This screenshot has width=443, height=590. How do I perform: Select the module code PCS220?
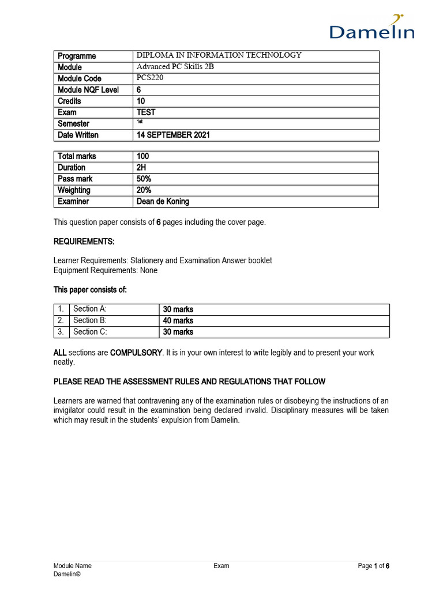(x=150, y=78)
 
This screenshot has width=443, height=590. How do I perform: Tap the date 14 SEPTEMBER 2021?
(x=173, y=135)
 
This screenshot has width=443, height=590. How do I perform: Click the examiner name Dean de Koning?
(x=163, y=202)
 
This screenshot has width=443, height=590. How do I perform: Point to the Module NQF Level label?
(x=88, y=90)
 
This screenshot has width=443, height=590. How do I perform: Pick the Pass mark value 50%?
(x=144, y=179)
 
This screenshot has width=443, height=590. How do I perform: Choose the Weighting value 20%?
(x=144, y=190)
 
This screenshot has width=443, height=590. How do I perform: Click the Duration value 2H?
(x=143, y=168)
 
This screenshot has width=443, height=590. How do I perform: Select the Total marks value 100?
(x=143, y=156)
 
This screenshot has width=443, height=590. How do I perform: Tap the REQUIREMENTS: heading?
(x=84, y=241)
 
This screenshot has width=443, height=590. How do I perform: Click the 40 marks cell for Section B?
(x=178, y=320)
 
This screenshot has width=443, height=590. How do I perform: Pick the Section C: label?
(x=90, y=332)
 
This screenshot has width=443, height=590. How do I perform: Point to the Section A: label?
(x=90, y=309)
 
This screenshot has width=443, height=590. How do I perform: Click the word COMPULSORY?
(x=137, y=352)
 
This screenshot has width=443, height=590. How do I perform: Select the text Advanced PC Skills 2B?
(x=175, y=67)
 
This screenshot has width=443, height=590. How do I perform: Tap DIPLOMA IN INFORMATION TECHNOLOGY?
(x=219, y=55)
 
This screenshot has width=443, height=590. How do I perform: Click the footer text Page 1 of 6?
(x=373, y=566)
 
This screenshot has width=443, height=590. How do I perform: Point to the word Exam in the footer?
(x=221, y=566)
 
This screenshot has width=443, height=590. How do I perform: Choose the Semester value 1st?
(x=140, y=122)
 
